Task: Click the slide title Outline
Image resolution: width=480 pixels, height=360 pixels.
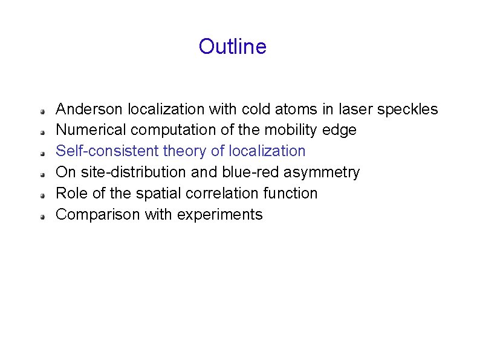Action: tap(232, 47)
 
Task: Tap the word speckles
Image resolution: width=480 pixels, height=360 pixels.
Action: tap(407, 110)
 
